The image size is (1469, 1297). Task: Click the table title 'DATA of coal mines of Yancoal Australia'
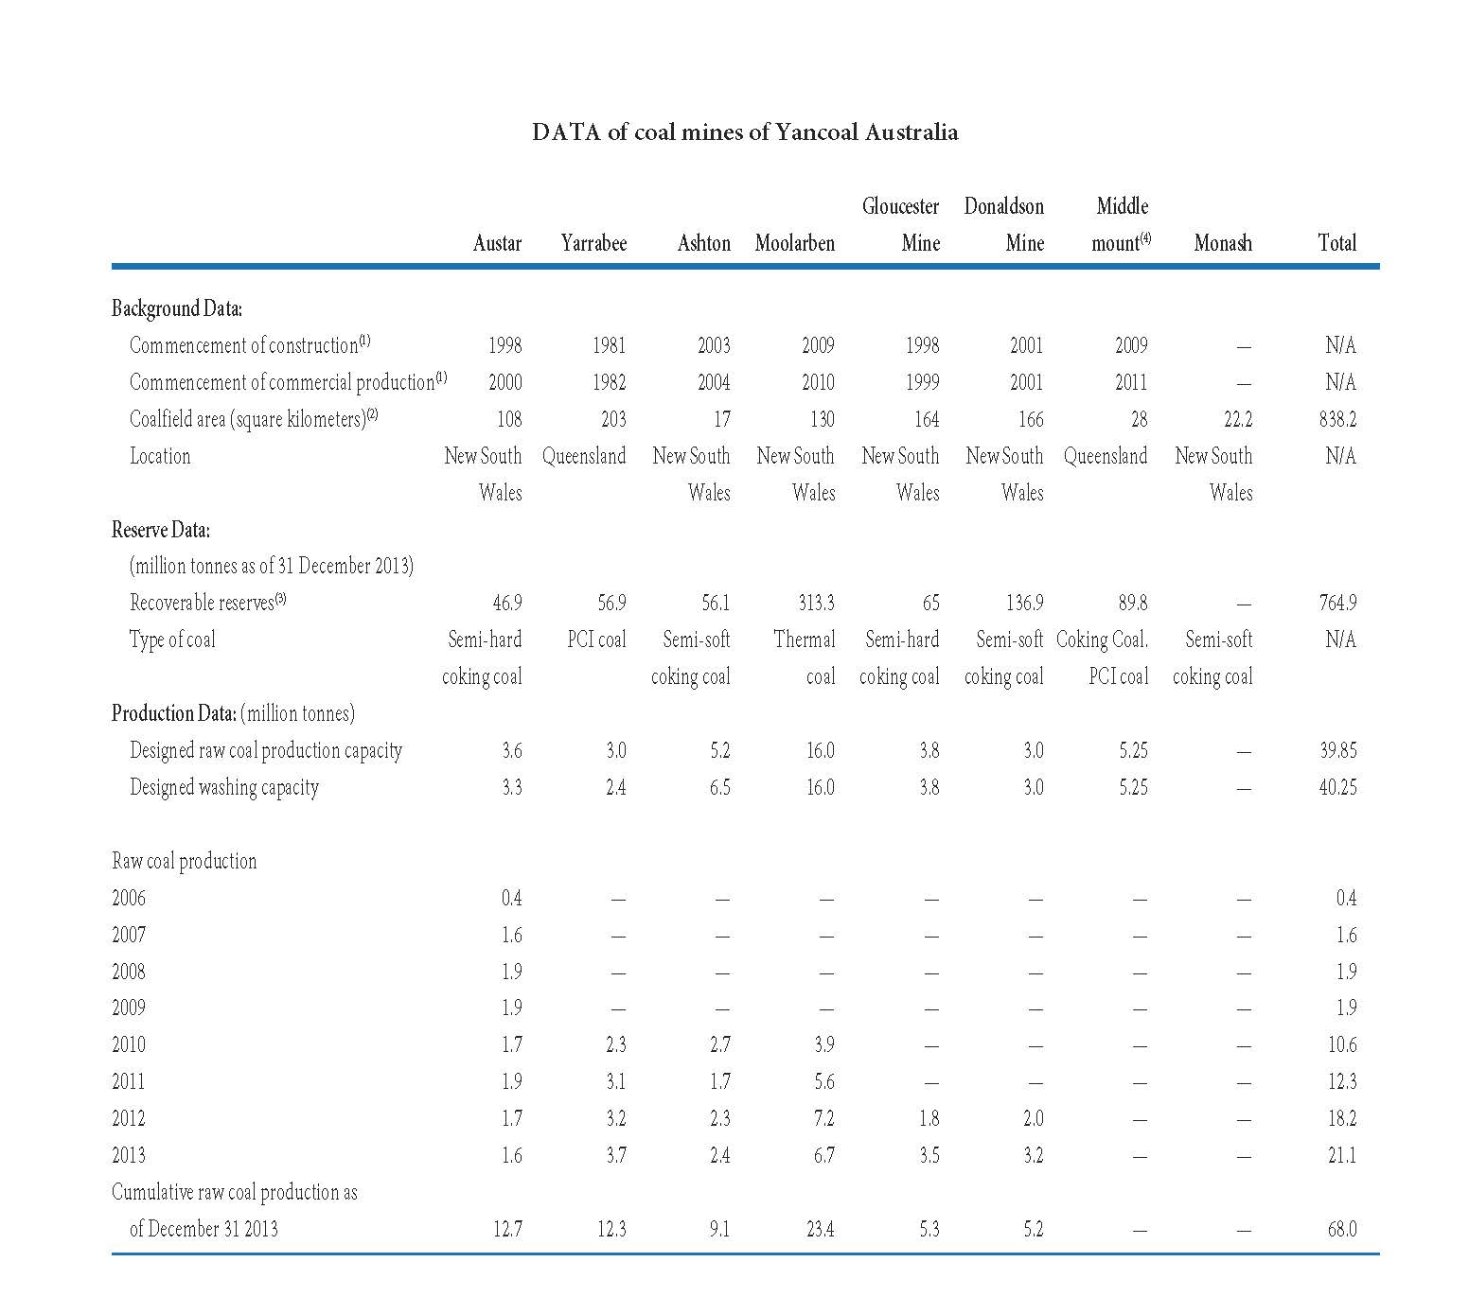point(745,131)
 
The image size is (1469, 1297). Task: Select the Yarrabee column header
point(593,243)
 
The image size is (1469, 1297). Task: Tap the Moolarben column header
point(795,243)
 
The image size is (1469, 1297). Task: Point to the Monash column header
point(1223,243)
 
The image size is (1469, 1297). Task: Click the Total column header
point(1337,243)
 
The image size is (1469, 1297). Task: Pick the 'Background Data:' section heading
point(177,308)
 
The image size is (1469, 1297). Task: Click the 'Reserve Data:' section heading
point(161,530)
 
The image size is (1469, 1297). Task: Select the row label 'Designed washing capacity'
point(224,788)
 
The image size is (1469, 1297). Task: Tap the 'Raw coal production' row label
point(185,861)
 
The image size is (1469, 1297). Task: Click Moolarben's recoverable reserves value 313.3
point(817,603)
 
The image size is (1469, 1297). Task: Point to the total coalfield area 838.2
point(1337,419)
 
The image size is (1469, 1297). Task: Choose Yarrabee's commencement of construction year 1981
point(609,345)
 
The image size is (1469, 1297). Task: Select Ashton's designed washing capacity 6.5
point(720,787)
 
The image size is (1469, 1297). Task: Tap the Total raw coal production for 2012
point(1342,1118)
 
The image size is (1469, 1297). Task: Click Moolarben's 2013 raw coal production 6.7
point(825,1155)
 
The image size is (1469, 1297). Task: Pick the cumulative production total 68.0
point(1342,1229)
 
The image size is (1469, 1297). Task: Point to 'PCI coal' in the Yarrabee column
point(597,640)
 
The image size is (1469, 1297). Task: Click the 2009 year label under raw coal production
point(129,1008)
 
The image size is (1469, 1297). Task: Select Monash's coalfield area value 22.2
point(1237,419)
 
